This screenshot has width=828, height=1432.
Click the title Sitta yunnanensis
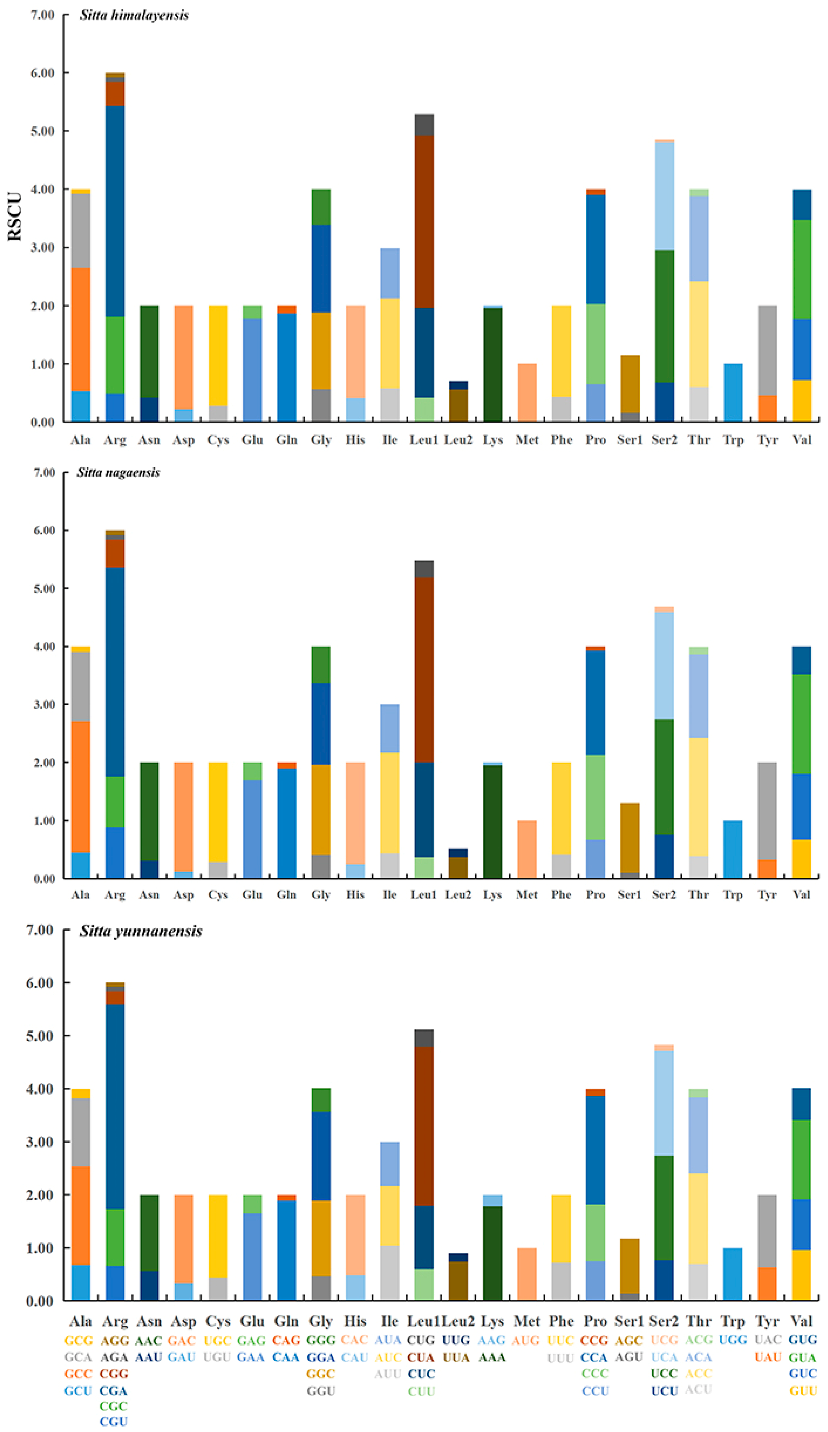pos(140,931)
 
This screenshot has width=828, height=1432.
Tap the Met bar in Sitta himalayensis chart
pos(527,392)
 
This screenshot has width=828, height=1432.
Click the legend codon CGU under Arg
pos(114,1421)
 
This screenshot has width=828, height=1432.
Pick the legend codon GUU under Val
pos(802,1391)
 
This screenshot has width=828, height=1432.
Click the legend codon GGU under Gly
pos(320,1391)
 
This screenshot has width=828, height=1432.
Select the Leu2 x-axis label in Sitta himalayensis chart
pos(458,439)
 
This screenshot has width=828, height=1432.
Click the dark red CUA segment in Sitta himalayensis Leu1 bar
pos(424,222)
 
